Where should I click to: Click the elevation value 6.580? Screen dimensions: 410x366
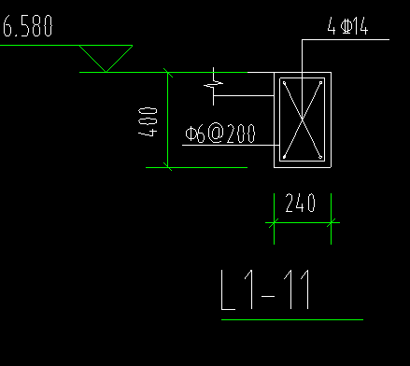point(28,26)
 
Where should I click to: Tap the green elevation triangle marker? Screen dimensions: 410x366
point(106,59)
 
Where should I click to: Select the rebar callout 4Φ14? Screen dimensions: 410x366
point(347,26)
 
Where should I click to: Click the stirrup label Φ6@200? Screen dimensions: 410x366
point(220,134)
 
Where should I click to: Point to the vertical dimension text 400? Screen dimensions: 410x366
point(148,121)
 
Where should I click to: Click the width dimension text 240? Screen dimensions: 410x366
point(301,203)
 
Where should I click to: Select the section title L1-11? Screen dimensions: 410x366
point(265,290)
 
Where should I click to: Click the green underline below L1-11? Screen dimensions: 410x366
point(292,319)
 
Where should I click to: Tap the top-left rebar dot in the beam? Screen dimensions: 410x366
point(284,83)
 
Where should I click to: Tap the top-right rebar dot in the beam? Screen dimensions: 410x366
point(320,83)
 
